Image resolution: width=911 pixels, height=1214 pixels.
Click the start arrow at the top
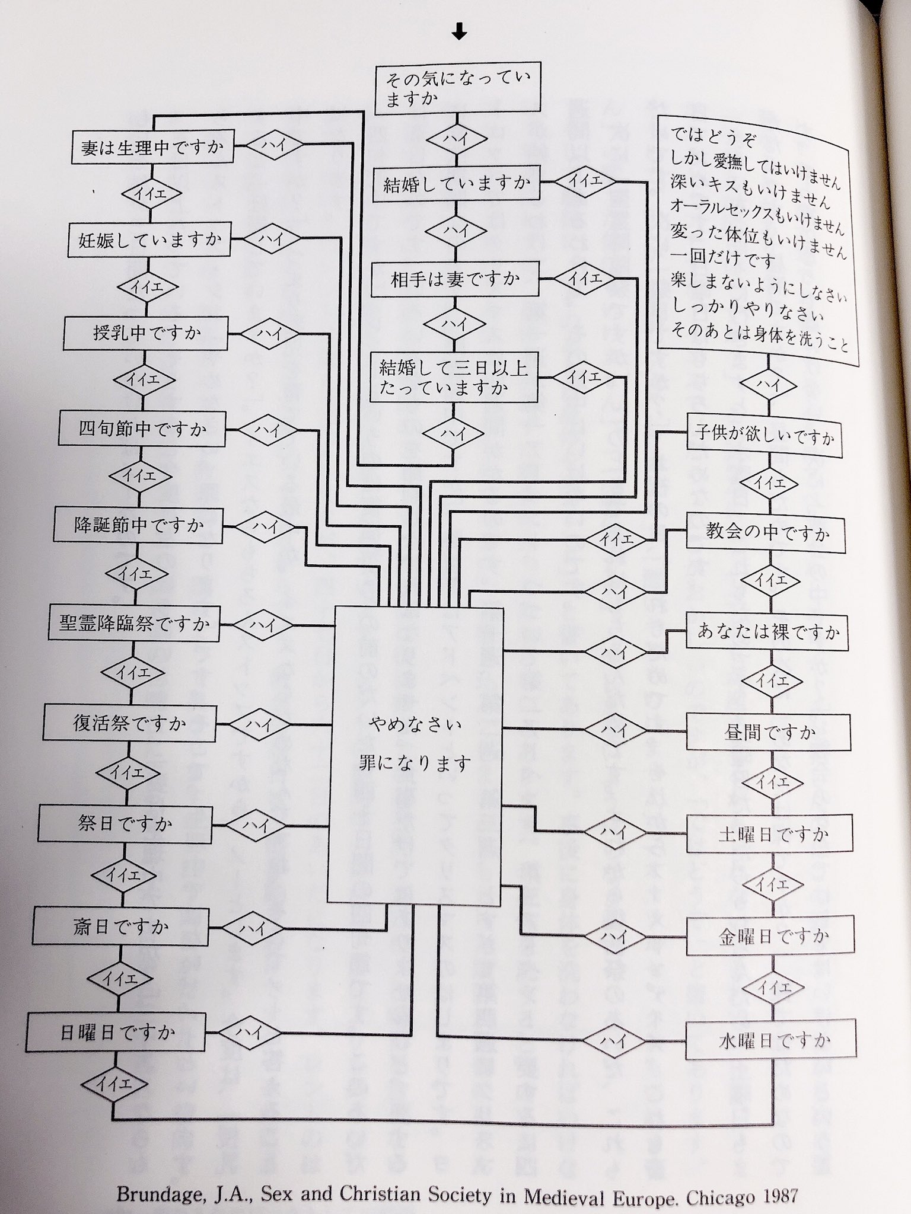pyautogui.click(x=459, y=34)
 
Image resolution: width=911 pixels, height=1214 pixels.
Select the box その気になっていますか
pyautogui.click(x=458, y=88)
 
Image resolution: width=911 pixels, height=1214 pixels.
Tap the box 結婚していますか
pyautogui.click(x=456, y=185)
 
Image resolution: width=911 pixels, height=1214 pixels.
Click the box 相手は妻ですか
pyautogui.click(x=455, y=279)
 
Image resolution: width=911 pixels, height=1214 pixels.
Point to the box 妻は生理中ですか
pyautogui.click(x=152, y=148)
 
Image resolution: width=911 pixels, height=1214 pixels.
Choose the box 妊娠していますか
pyautogui.click(x=149, y=240)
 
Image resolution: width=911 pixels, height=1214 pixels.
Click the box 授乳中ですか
pyautogui.click(x=146, y=333)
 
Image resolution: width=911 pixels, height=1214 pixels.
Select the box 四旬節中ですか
pyautogui.click(x=142, y=429)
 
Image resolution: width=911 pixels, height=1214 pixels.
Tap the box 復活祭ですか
pyautogui.click(x=129, y=724)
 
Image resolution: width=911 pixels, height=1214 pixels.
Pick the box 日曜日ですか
pyautogui.click(x=117, y=1032)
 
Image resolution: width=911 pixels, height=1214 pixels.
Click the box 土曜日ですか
pyautogui.click(x=769, y=834)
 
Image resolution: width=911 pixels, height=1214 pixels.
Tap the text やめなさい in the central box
pyautogui.click(x=415, y=724)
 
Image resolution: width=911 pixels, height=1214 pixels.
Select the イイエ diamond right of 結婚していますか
pyautogui.click(x=585, y=182)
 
